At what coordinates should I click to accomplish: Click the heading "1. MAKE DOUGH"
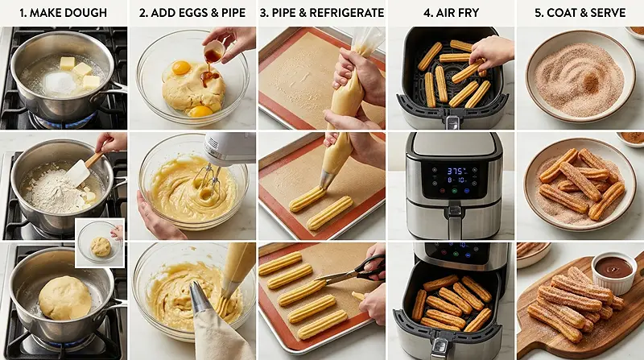(64, 13)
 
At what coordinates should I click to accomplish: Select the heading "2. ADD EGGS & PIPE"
(192, 13)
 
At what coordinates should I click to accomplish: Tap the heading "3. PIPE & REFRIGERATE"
(321, 13)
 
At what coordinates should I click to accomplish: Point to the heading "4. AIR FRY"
(451, 13)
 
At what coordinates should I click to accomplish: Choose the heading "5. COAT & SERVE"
(580, 13)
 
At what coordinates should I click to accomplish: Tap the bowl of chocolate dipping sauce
(615, 267)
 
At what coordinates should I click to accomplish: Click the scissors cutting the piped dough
(354, 271)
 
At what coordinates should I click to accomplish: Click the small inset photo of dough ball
(101, 241)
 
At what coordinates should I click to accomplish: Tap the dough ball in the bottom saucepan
(64, 297)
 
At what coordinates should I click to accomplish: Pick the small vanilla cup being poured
(213, 55)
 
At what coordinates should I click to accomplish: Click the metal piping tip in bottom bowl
(202, 298)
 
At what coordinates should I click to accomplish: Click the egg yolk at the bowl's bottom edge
(200, 110)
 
